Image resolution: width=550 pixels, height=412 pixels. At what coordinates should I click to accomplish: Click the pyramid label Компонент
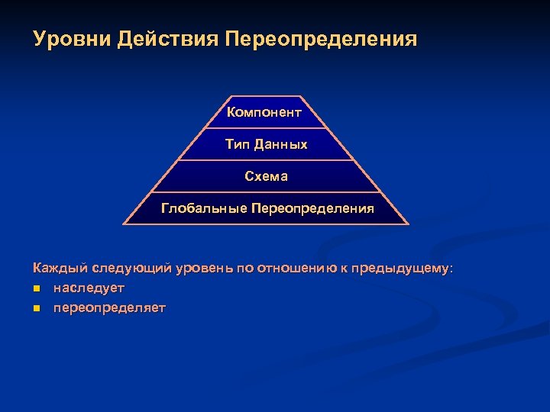265,113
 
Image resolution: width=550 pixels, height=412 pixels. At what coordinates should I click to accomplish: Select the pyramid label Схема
266,176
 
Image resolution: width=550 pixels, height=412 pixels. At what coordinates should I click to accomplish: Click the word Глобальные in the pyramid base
203,208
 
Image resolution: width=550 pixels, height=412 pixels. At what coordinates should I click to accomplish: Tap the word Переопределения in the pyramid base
312,208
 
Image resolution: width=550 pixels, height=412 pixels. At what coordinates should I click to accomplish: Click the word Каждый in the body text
60,269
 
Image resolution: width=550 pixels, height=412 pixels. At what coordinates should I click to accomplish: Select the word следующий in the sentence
131,269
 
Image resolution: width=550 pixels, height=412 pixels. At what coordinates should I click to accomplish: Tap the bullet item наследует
89,288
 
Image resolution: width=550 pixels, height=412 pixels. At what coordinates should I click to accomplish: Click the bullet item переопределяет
109,307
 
